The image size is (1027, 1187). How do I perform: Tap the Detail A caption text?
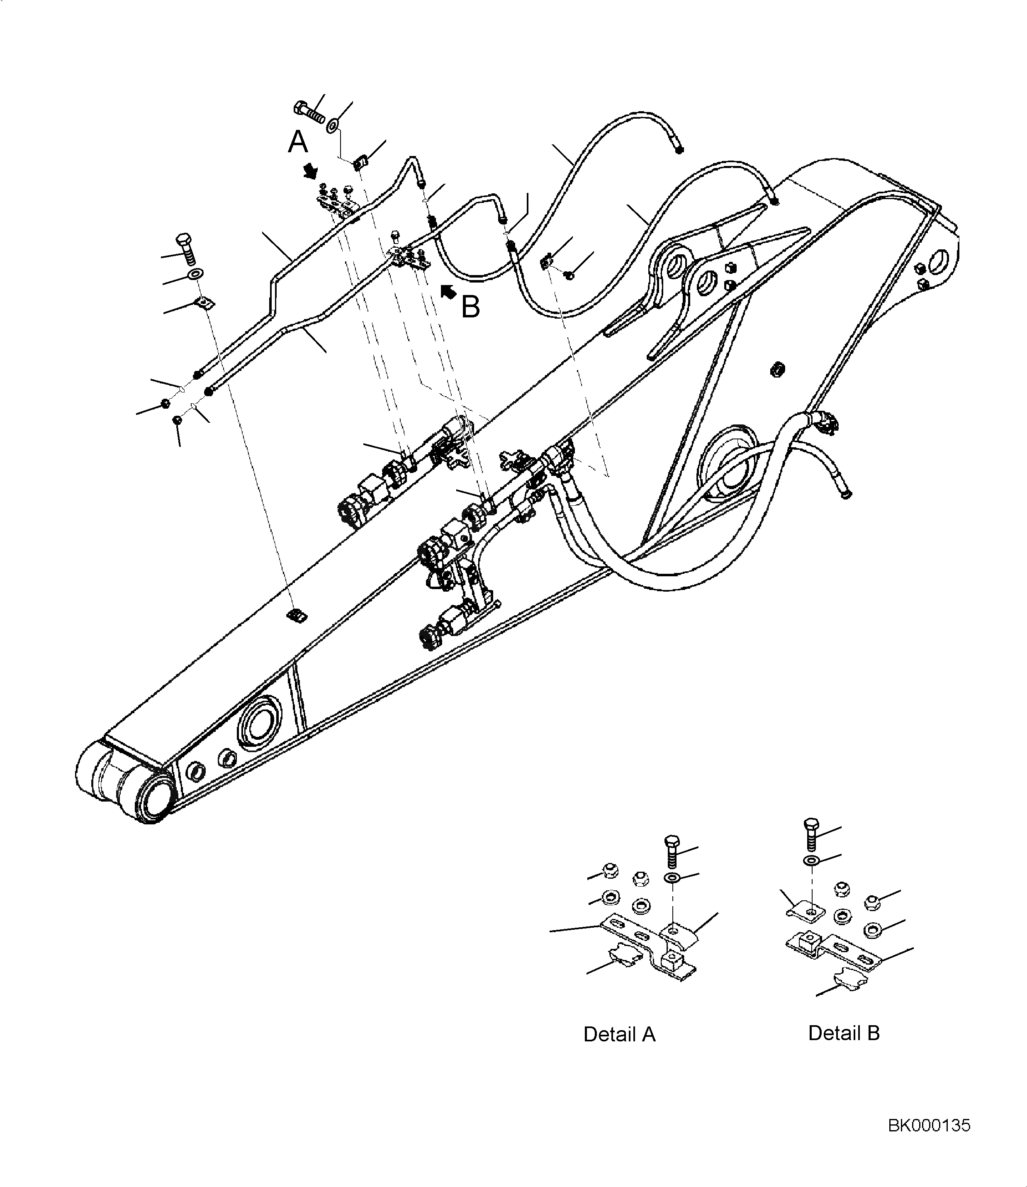pos(619,1035)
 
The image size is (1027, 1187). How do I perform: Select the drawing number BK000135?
pos(929,1126)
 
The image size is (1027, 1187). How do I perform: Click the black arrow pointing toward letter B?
pos(448,291)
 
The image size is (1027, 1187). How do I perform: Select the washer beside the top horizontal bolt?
pos(332,124)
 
